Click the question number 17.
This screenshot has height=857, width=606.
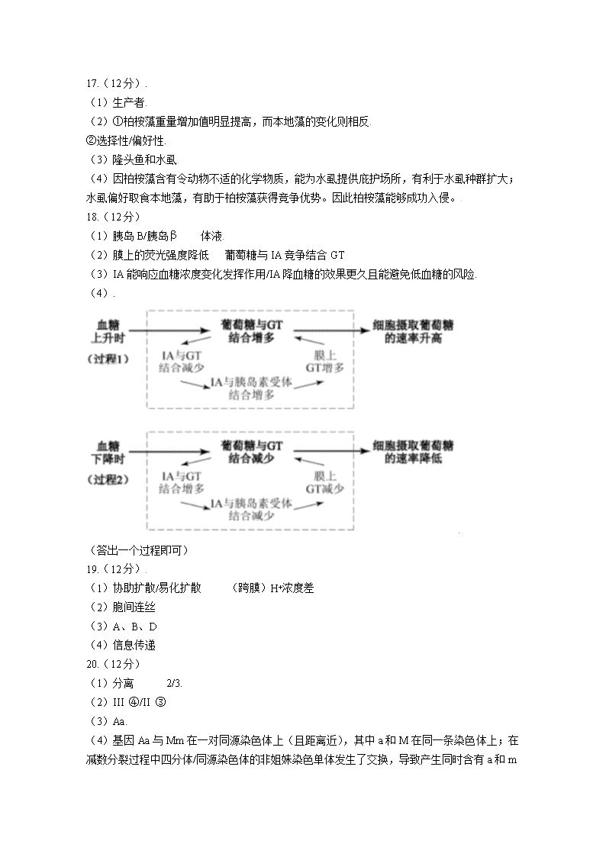point(92,84)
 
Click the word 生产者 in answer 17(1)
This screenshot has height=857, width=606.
point(128,103)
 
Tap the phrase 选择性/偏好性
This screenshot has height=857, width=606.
point(131,141)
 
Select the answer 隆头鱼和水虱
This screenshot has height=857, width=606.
point(145,160)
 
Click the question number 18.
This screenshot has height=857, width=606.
point(92,217)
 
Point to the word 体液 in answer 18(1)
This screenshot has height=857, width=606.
point(211,236)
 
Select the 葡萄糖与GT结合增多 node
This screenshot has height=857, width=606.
point(251,331)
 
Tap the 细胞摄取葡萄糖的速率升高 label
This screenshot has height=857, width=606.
point(413,331)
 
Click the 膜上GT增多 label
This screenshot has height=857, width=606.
point(324,361)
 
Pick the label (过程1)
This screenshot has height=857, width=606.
point(108,359)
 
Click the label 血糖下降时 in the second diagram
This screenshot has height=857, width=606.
point(108,453)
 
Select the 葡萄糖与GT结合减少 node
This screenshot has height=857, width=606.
point(251,452)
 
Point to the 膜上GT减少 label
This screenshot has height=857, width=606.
point(324,482)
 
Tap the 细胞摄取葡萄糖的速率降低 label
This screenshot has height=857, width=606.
point(413,452)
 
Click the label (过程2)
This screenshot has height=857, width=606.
point(108,480)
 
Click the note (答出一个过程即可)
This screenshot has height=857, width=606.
point(140,550)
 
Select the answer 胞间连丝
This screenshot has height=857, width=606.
point(134,607)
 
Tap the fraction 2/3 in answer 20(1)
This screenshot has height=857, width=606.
point(173,683)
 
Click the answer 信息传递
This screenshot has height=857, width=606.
point(134,646)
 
